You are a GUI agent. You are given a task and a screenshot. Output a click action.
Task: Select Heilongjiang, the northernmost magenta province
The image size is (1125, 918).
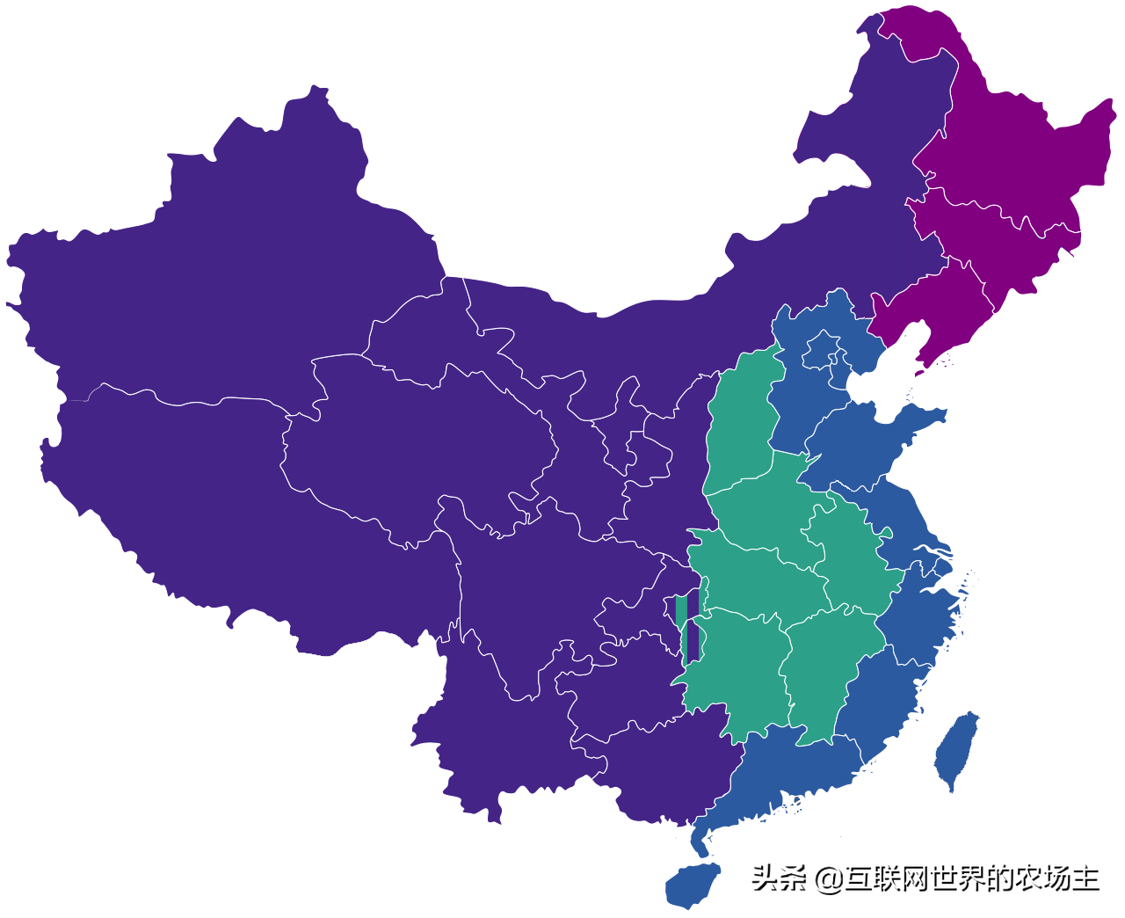(1011, 149)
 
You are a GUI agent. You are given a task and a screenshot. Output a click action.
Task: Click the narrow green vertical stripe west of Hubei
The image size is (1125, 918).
(682, 629)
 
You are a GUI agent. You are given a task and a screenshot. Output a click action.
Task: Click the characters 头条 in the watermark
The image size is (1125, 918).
(779, 878)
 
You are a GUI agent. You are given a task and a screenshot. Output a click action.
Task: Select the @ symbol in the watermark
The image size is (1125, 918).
(829, 878)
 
